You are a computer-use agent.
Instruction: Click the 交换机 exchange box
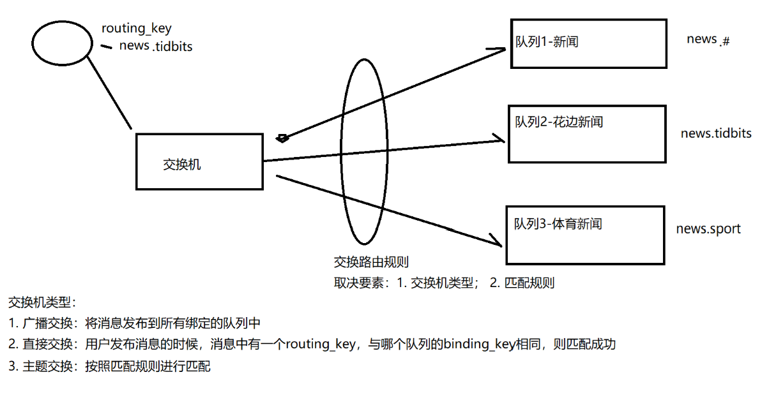point(199,161)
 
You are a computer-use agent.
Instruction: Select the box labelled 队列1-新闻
point(588,43)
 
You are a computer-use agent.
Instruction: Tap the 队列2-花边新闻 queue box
point(586,134)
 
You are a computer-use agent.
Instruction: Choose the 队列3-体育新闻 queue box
point(584,235)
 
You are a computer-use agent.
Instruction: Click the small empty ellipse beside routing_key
point(63,42)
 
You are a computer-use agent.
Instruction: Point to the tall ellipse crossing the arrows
point(364,151)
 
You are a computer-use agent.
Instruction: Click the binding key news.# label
point(708,40)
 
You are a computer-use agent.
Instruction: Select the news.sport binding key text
point(708,228)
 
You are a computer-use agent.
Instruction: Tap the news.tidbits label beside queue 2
point(715,133)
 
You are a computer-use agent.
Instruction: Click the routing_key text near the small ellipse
point(137,29)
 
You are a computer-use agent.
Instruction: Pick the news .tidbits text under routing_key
point(156,46)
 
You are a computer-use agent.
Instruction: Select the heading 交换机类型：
point(42,302)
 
